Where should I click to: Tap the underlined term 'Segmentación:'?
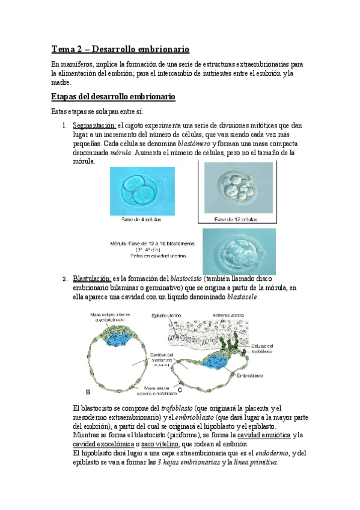click(94, 125)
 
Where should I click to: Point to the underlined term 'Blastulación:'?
click(92, 278)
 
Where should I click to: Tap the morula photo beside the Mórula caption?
click(239, 251)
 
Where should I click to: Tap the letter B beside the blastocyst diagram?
click(88, 392)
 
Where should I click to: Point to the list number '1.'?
click(66, 125)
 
